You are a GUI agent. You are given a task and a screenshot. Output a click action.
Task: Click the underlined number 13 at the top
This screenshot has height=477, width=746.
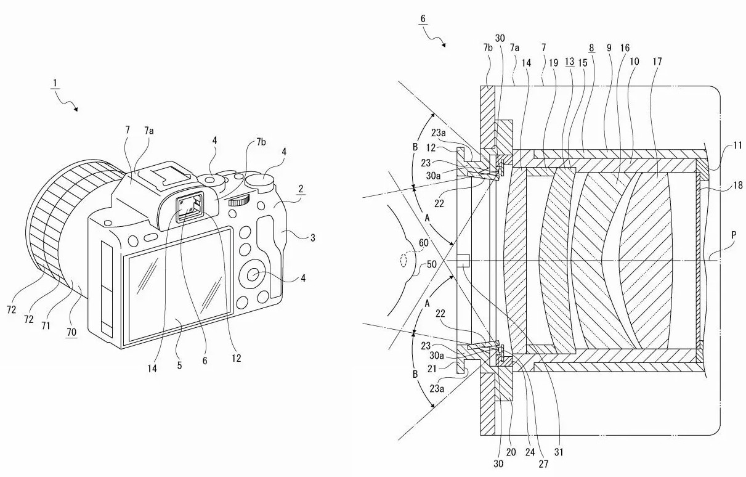tap(570, 62)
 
